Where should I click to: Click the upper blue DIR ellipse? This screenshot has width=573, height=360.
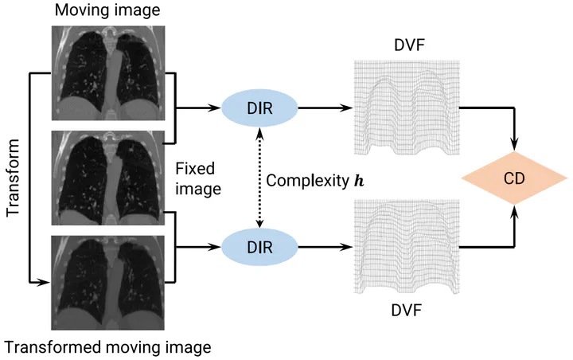point(259,108)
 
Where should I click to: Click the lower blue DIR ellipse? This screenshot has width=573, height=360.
point(259,248)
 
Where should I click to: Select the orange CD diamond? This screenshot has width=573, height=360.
point(514,178)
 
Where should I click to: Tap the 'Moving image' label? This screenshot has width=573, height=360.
point(107,10)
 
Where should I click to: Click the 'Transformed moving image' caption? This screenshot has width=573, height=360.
point(107,347)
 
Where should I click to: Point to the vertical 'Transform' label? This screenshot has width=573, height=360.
point(13,178)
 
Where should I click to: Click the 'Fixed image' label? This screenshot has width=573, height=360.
point(198,179)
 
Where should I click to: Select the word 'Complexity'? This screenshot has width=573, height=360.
point(308,181)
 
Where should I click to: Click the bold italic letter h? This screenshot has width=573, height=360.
point(359,180)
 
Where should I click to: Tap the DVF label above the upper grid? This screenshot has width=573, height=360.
point(409,45)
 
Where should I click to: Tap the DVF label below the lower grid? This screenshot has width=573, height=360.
point(407,311)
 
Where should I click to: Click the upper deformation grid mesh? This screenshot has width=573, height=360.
point(407,108)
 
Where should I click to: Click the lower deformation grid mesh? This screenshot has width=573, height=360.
point(407,247)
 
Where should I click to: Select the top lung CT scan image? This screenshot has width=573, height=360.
point(108,72)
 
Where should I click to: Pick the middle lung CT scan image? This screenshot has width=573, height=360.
point(108,178)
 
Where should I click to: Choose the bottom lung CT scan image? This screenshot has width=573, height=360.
point(108,283)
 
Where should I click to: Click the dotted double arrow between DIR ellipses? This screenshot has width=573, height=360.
point(259,178)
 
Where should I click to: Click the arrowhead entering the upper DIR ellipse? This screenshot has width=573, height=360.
point(216,108)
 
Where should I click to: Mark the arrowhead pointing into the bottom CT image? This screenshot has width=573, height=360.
point(44,283)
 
